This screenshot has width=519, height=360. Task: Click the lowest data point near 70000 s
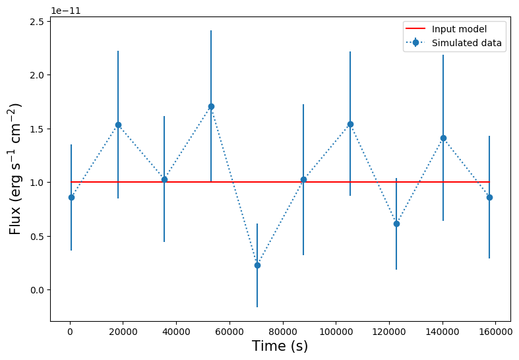click(257, 265)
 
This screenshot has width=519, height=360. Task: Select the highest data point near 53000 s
click(211, 106)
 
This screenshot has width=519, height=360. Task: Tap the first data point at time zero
click(71, 197)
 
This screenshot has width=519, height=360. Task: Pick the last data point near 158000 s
click(489, 197)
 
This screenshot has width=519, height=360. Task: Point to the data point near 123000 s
click(396, 224)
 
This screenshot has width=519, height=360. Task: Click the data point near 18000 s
click(118, 125)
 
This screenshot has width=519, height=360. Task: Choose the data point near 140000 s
click(443, 138)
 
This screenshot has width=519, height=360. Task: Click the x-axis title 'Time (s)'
click(280, 346)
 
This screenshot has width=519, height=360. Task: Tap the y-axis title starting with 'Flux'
click(15, 169)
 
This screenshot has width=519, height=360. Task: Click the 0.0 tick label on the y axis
click(36, 290)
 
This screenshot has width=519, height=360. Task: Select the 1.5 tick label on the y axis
click(36, 129)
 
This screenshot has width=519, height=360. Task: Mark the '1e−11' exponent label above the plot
click(65, 11)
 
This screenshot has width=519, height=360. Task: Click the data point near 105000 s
click(350, 124)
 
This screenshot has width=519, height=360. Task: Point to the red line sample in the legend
click(415, 29)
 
